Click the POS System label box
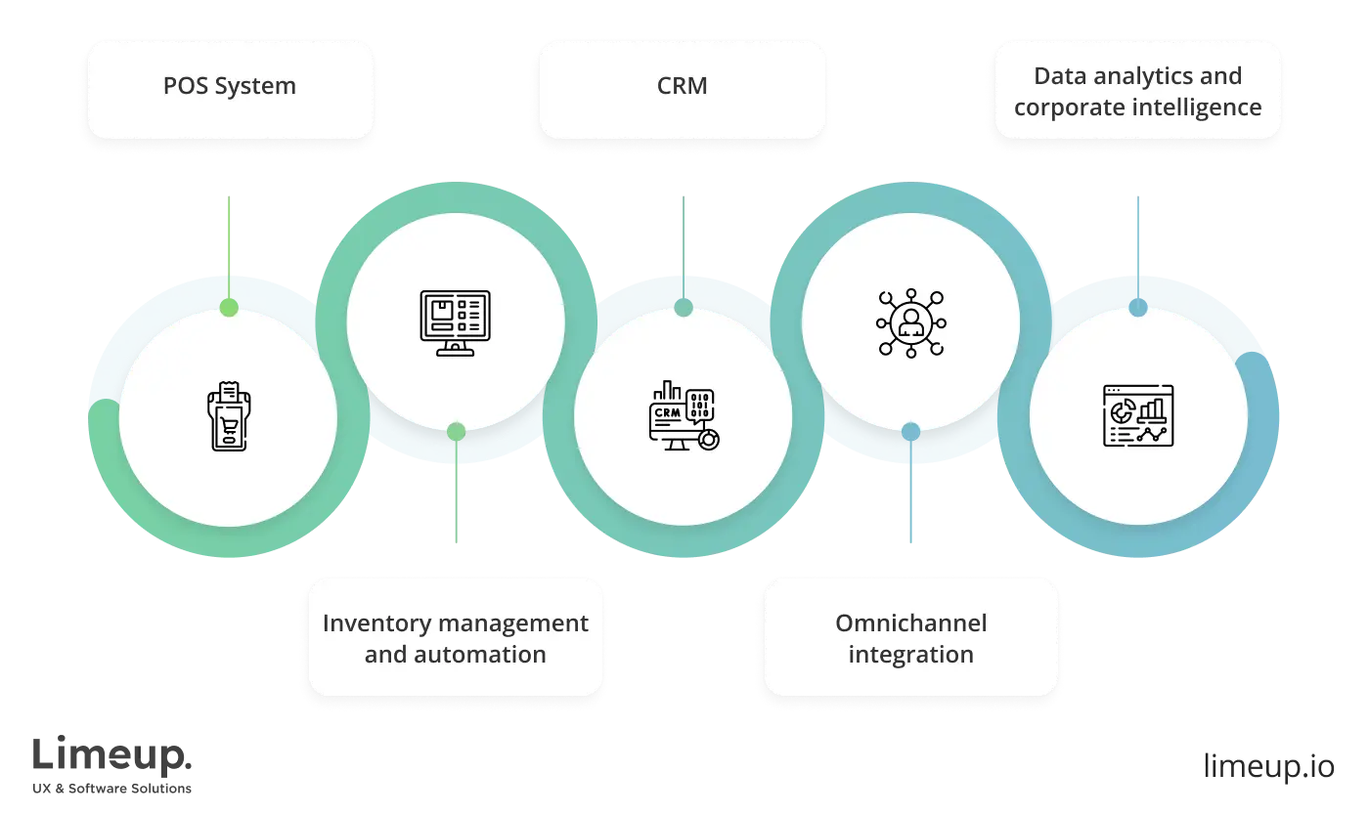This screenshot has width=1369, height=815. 230,88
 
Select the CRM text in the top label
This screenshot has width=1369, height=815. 682,86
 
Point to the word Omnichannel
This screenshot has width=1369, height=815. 910,623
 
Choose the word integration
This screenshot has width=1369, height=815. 910,655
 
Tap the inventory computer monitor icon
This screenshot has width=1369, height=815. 455,322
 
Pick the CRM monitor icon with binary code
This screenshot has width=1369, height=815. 683,416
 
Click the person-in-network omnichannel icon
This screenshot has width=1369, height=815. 910,322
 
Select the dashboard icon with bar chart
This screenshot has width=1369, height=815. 1138,416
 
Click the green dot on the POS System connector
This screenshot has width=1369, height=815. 229,308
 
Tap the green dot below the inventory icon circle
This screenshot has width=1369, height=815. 456,431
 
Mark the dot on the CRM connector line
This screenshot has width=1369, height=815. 684,309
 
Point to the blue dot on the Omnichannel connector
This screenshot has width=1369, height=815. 910,431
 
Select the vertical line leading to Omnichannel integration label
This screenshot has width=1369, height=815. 910,498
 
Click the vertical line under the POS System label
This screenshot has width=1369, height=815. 229,244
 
